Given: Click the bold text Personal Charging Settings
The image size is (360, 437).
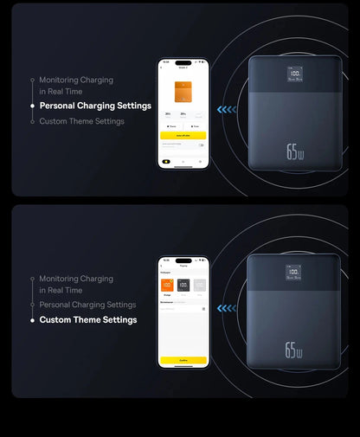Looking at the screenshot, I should coord(95,106).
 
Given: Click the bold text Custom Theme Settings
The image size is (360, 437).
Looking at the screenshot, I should coord(88,319).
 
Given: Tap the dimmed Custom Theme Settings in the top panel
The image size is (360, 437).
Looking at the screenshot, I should coord(81,121).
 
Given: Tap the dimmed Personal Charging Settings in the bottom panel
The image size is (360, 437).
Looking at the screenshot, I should coord(87,305).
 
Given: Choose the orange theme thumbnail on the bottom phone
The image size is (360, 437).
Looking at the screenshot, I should coord(167,285).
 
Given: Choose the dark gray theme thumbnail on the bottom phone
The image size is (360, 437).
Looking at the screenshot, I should coord(183,285).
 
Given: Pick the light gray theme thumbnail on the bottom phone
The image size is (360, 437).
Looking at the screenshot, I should coord(199,285).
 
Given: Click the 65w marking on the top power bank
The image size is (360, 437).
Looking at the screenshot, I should coord(294,152).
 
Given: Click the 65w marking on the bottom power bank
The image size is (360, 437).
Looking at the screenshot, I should coord(293,350).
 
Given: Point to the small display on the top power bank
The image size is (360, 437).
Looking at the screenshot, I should coord(296,76).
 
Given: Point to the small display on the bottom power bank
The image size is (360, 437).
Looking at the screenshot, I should coord(294,273).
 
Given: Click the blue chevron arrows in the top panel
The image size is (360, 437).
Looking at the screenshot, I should coord(227,110).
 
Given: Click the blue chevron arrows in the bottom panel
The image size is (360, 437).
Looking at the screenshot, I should coord(226,307).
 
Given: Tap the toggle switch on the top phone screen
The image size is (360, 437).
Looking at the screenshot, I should coord(201,145).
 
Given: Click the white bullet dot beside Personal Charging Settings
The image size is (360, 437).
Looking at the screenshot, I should coord(33,106).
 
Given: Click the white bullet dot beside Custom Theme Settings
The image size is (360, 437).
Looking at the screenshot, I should coord(33,319).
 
